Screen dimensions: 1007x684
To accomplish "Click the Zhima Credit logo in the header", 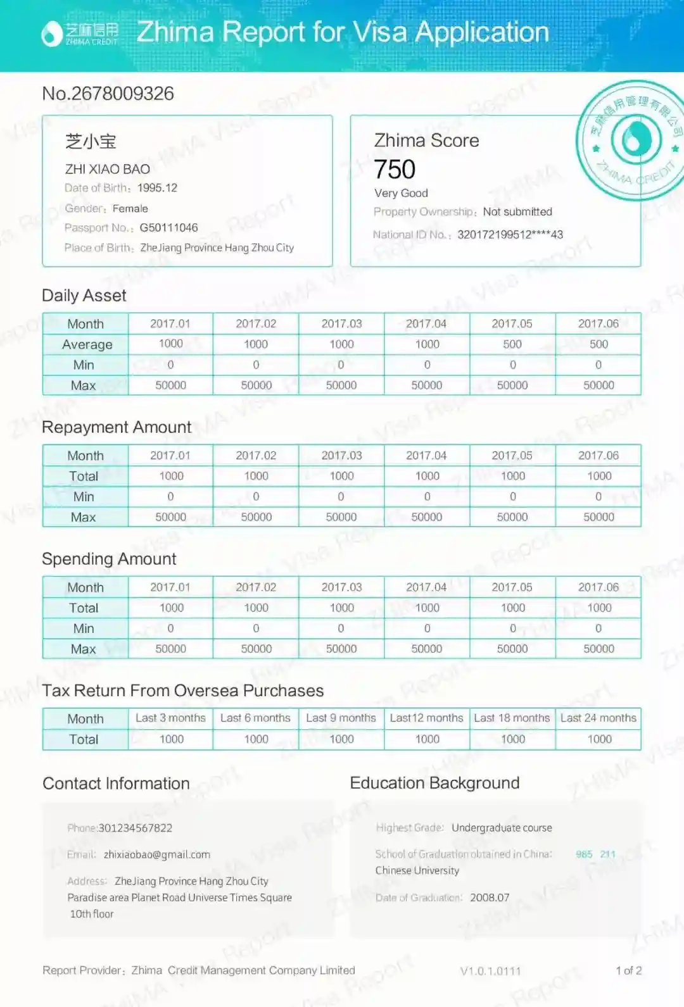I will pos(79,34).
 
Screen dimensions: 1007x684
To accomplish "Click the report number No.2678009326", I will pos(108,94).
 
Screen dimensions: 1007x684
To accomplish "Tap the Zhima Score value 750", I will pos(395,170).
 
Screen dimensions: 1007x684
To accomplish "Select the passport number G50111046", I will pos(168,228).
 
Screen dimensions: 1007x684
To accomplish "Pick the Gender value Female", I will pos(130,208).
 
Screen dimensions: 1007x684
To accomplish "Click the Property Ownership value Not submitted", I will pos(517,212).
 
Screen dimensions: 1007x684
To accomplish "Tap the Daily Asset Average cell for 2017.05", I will pos(512,344).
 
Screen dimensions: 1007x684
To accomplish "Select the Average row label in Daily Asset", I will pos(87,345).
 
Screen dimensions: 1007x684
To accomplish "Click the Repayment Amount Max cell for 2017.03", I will pos(341,517).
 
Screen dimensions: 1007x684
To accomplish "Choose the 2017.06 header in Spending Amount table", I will pos(598,587).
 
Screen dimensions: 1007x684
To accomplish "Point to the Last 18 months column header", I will pos(512,718).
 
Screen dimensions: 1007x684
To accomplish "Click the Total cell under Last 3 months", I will pos(171,739).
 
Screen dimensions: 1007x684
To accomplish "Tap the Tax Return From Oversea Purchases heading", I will pos(183,691).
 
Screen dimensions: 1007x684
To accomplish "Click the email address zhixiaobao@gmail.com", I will pos(157,854).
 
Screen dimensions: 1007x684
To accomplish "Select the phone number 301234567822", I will pos(135,828).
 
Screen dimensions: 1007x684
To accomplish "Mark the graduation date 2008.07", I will pos(490,898).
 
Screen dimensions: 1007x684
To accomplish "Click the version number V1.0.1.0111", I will pos(490,971).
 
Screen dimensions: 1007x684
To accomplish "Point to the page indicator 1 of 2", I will pos(628,970).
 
